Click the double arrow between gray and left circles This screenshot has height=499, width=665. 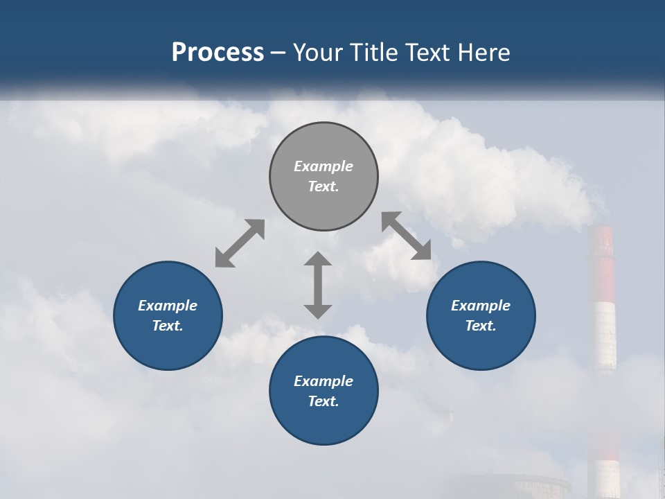(240, 243)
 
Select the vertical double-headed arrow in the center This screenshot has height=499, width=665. (318, 285)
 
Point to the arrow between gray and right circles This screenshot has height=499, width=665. (407, 236)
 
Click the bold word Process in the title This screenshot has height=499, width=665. (218, 52)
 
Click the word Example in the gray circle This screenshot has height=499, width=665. (323, 166)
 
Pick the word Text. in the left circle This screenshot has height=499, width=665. (168, 326)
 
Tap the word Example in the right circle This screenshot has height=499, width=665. (481, 306)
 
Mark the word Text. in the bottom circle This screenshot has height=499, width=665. (323, 401)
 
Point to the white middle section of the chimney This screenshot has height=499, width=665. (604, 336)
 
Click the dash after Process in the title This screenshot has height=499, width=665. (278, 53)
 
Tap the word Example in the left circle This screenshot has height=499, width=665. (168, 306)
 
